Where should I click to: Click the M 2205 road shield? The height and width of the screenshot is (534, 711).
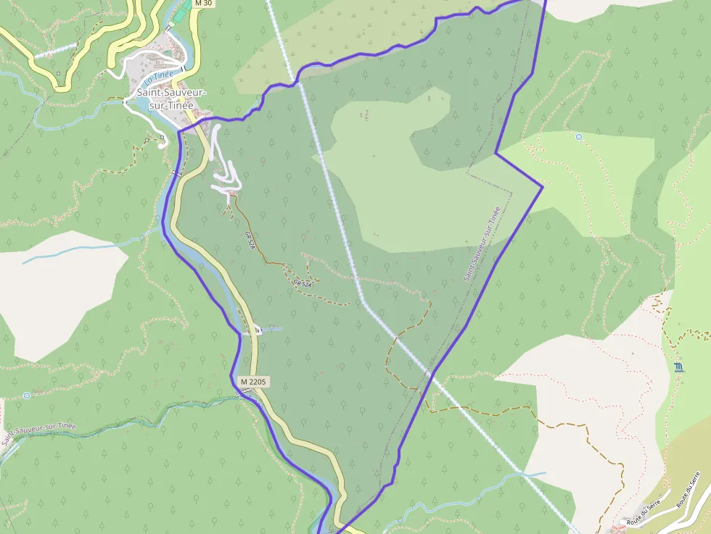pos(253,381)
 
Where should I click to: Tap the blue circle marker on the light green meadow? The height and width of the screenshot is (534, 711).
pos(578,136)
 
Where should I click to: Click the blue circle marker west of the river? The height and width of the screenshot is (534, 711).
pos(27,395)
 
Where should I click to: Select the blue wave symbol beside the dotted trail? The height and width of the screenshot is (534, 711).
pos(678,367)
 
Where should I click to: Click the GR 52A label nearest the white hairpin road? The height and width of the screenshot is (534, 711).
pos(250,239)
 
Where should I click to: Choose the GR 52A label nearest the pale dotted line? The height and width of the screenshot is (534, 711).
pos(303,283)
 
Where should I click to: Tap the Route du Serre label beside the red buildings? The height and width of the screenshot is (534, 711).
pos(637,515)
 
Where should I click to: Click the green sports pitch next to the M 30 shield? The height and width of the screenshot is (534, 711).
pos(186,6)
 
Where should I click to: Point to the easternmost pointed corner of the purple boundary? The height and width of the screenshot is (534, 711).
pos(543,187)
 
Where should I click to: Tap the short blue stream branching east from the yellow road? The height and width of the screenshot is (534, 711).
pos(271,329)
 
